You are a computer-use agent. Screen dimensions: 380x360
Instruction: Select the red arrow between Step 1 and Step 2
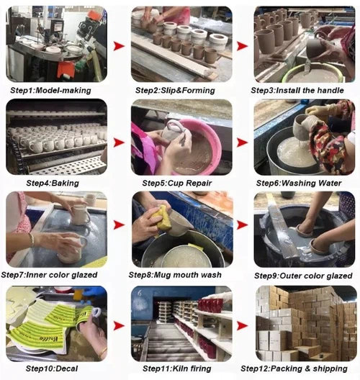coord(120,45)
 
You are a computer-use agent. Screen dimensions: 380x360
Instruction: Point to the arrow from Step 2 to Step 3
coord(243,45)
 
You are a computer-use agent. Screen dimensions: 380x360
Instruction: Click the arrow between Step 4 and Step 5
coord(120,139)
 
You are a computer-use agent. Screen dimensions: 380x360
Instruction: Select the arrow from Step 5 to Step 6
coord(243,139)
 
